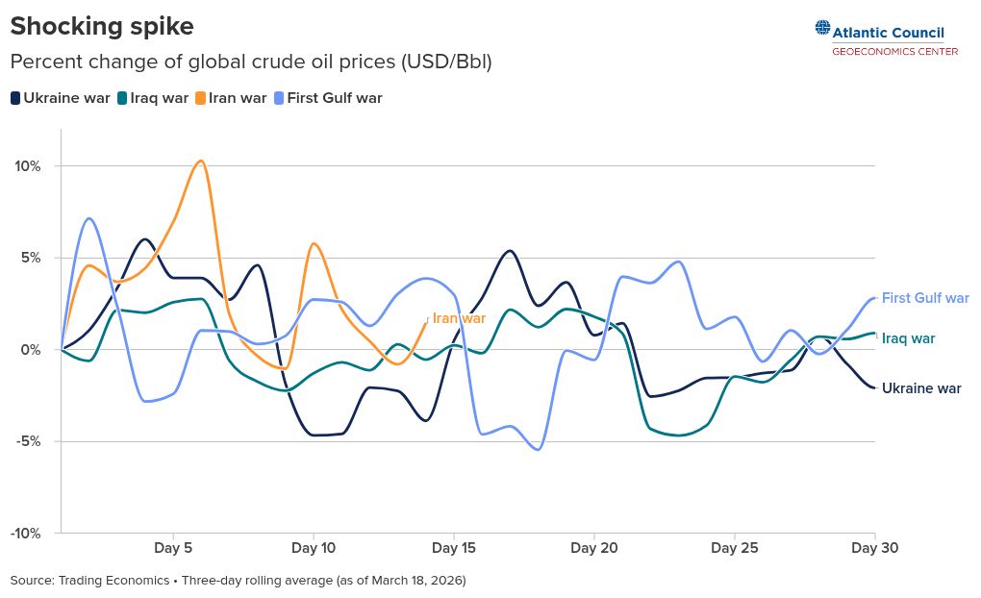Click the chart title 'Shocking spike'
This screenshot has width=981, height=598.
(102, 26)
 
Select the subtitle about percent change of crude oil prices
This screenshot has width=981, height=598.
(251, 62)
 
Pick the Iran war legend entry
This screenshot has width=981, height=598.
(231, 98)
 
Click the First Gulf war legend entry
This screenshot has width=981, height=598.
(328, 98)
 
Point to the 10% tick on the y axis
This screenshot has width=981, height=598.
(27, 166)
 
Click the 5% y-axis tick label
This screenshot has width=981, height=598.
(31, 258)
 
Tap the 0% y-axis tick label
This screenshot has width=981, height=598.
(31, 350)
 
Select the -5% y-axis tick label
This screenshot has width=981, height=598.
(28, 441)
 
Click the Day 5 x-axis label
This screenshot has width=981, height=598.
(173, 549)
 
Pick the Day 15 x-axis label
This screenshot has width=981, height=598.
(454, 549)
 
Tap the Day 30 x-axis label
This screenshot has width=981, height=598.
(875, 549)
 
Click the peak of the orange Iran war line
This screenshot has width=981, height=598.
(200, 161)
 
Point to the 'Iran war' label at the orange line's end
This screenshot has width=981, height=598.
(459, 318)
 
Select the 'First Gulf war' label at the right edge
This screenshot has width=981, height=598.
(925, 298)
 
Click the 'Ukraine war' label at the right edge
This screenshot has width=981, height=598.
(921, 388)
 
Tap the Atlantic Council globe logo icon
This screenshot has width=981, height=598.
(822, 29)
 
